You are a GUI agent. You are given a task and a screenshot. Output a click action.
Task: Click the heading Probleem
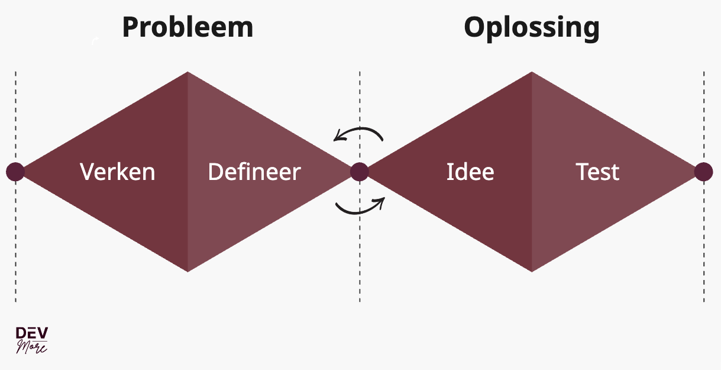[x=187, y=27]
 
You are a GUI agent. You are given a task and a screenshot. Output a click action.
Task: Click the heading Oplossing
[x=531, y=27]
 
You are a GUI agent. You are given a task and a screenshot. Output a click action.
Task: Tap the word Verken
[x=118, y=172]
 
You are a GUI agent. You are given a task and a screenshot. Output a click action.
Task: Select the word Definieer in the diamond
[x=254, y=172]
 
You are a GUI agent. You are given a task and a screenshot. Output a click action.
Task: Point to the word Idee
[x=470, y=172]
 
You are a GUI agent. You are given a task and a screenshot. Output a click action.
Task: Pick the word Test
[x=597, y=172]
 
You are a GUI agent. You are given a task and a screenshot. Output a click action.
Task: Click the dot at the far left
[x=15, y=172]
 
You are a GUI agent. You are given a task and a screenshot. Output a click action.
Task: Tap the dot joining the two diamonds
[x=360, y=172]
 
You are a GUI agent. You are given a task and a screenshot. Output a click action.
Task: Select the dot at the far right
[x=703, y=172]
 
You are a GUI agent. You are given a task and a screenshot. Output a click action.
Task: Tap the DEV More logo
[x=32, y=339]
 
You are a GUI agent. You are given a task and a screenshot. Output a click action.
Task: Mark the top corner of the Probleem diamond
[x=187, y=73]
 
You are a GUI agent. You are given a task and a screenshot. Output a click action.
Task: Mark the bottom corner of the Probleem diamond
[x=187, y=270]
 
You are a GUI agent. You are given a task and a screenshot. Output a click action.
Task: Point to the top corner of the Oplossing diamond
[x=532, y=73]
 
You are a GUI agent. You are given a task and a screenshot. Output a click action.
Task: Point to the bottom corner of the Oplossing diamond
[x=532, y=270]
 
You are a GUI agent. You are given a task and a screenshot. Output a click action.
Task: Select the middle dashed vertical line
[x=360, y=260]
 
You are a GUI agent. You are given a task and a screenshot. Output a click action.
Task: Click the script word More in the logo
[x=32, y=346]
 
